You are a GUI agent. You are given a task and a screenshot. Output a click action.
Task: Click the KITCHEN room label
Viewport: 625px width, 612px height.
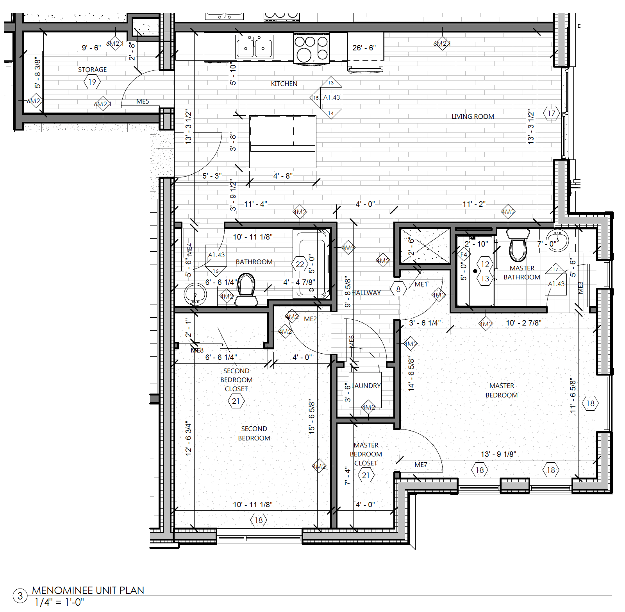(284, 84)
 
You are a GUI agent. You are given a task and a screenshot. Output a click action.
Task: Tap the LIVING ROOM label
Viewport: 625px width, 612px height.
(473, 116)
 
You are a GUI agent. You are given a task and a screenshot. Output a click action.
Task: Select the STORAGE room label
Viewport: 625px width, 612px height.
(92, 70)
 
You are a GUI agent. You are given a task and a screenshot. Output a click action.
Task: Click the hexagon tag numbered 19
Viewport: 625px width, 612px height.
(92, 82)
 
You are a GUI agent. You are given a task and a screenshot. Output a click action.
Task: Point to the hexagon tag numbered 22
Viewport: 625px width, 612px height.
(300, 264)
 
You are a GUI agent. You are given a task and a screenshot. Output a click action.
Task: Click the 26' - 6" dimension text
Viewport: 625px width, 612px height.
(364, 48)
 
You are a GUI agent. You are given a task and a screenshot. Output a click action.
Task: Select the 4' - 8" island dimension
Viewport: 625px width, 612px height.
(283, 176)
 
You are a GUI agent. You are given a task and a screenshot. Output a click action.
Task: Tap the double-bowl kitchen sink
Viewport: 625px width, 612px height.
(254, 47)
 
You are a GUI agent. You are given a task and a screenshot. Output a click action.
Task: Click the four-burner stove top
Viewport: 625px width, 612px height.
(311, 48)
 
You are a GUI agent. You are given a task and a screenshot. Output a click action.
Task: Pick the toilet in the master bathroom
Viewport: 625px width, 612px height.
(518, 245)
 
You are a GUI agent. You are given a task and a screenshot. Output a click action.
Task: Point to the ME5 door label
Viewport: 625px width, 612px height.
(143, 101)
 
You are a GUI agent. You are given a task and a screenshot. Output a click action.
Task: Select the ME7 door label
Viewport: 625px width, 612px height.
(421, 465)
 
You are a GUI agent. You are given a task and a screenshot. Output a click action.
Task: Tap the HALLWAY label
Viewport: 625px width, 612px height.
(366, 293)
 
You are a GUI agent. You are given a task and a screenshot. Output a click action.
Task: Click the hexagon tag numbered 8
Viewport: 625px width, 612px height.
(398, 289)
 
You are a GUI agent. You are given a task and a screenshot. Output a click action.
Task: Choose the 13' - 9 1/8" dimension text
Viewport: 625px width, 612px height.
(498, 454)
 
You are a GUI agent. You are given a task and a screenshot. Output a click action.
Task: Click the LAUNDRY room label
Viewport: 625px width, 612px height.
(367, 386)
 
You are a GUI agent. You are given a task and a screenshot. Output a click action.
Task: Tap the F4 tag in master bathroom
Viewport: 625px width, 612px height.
(464, 254)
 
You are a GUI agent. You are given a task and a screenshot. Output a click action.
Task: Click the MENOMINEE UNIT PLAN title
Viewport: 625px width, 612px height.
(88, 590)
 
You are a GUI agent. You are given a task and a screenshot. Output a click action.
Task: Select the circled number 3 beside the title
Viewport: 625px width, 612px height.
(20, 596)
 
